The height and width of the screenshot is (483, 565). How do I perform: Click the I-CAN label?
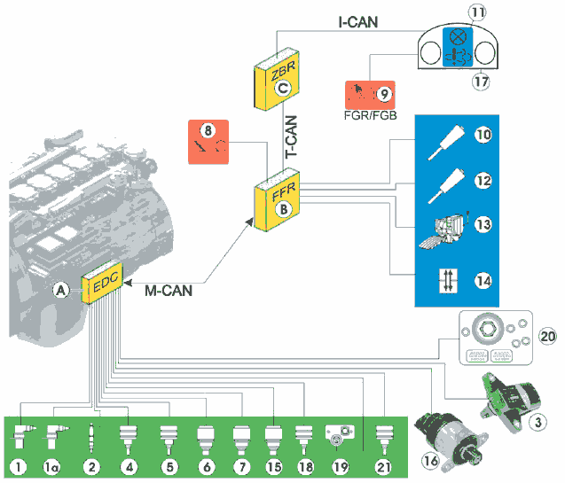(358, 20)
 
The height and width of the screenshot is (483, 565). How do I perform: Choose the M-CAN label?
(168, 288)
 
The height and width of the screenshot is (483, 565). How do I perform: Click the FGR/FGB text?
(375, 113)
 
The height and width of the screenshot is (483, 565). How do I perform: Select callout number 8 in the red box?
(208, 129)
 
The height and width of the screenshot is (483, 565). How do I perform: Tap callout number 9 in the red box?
(384, 91)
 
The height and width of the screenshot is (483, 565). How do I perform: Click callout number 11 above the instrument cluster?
(453, 14)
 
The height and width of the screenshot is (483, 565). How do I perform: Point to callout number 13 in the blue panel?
(483, 225)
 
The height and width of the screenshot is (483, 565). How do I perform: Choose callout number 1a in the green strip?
(53, 466)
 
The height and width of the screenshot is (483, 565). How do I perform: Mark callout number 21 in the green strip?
(384, 466)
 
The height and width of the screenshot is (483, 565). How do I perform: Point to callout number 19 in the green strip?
(339, 466)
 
